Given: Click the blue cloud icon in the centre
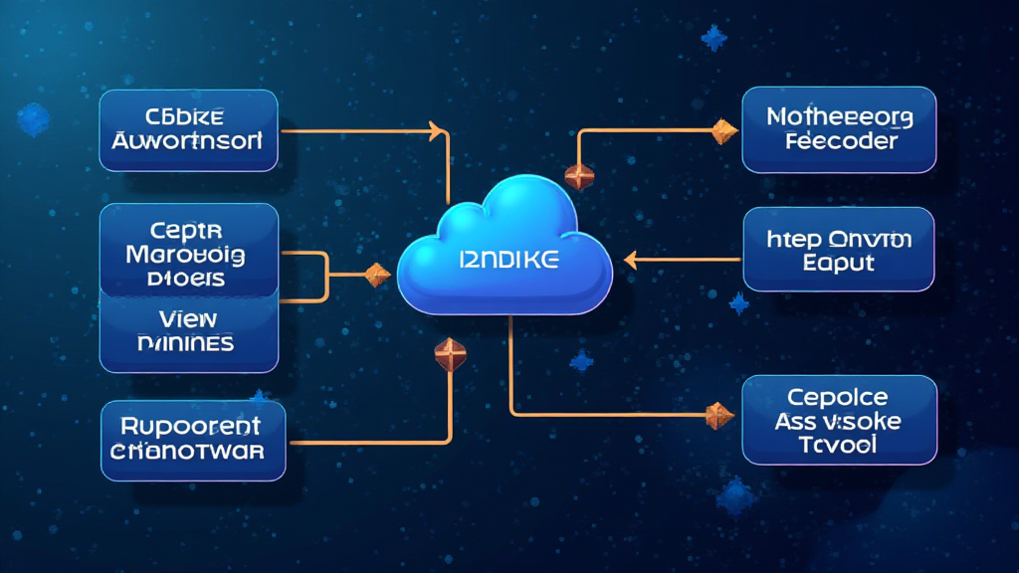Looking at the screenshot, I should [x=506, y=249].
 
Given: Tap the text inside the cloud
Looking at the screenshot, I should [x=509, y=261].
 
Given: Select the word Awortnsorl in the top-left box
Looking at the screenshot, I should [x=189, y=141].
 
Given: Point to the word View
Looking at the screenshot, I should [x=188, y=318].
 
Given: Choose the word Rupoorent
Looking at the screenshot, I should [x=190, y=427].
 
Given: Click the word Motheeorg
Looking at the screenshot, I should [x=840, y=117].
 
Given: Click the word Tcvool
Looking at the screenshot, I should [x=839, y=445].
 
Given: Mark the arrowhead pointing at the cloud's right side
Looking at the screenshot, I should [x=630, y=261].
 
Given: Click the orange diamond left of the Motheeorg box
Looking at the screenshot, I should [x=723, y=128].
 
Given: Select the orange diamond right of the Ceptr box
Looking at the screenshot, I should [x=377, y=275].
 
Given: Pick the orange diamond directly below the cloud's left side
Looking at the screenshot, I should [x=449, y=351].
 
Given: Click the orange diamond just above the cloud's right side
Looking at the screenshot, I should [x=579, y=176].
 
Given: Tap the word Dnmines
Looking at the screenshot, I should [x=188, y=343].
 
